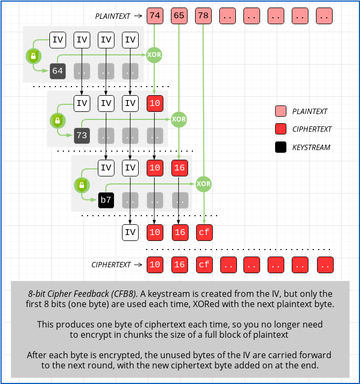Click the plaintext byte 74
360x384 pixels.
coord(155,16)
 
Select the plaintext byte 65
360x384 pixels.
coord(179,16)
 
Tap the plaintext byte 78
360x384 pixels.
coord(204,16)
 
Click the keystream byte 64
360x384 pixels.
coord(57,71)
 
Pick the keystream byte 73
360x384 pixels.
coord(82,136)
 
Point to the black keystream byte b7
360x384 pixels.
coord(106,200)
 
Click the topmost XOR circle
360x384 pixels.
coord(155,55)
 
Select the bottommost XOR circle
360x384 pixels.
coord(204,184)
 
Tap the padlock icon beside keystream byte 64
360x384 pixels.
coord(33,55)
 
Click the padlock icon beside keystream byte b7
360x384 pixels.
coord(82,185)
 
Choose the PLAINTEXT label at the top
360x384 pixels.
coord(113,16)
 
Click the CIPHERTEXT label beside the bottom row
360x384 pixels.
coord(111,265)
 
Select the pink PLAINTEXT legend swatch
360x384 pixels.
coord(280,111)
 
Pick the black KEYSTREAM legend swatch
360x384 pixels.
coord(280,147)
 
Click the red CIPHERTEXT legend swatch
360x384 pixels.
coord(280,129)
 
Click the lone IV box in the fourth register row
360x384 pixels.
coord(130,232)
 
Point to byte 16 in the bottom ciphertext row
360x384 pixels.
coord(179,265)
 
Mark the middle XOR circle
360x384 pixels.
coord(179,119)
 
